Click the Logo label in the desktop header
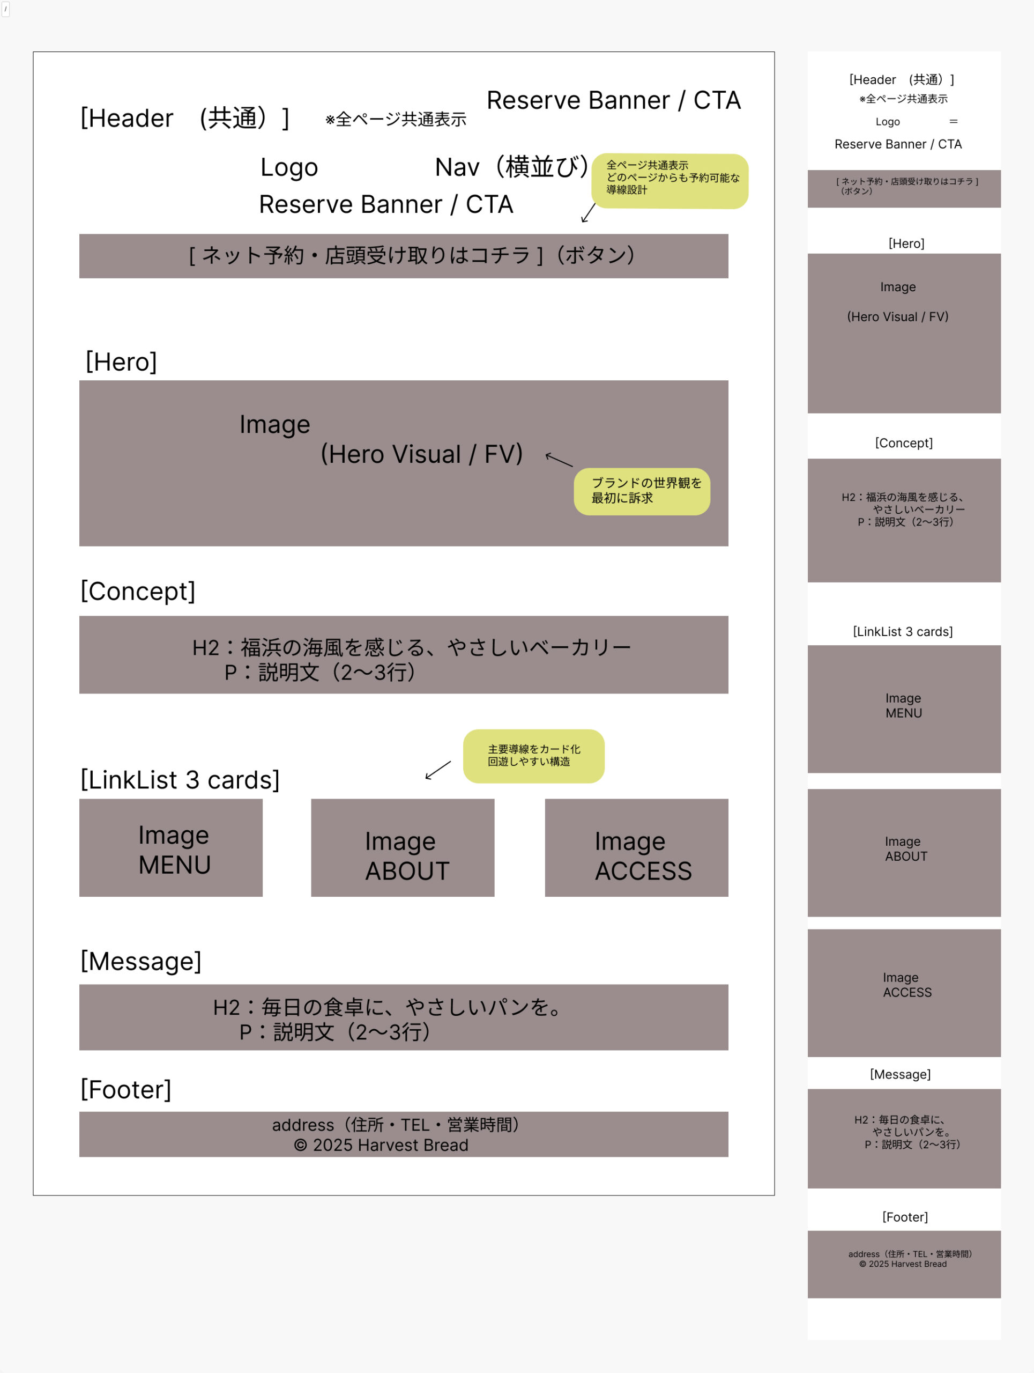click(x=289, y=167)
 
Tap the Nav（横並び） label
click(x=511, y=167)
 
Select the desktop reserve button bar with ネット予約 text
click(x=403, y=256)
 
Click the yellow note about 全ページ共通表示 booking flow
click(x=670, y=181)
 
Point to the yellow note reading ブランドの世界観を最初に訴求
click(x=642, y=491)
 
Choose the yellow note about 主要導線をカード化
click(x=533, y=755)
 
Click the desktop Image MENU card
click(x=170, y=847)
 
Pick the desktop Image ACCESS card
click(x=636, y=847)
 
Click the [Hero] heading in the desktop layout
click(x=121, y=362)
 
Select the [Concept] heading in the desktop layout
click(x=138, y=591)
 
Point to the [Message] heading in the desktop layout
click(x=141, y=961)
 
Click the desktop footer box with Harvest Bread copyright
click(x=403, y=1134)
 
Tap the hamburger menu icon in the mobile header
click(x=954, y=122)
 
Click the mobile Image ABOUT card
click(x=904, y=852)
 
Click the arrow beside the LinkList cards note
click(x=438, y=770)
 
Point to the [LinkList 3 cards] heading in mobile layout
click(x=903, y=631)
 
